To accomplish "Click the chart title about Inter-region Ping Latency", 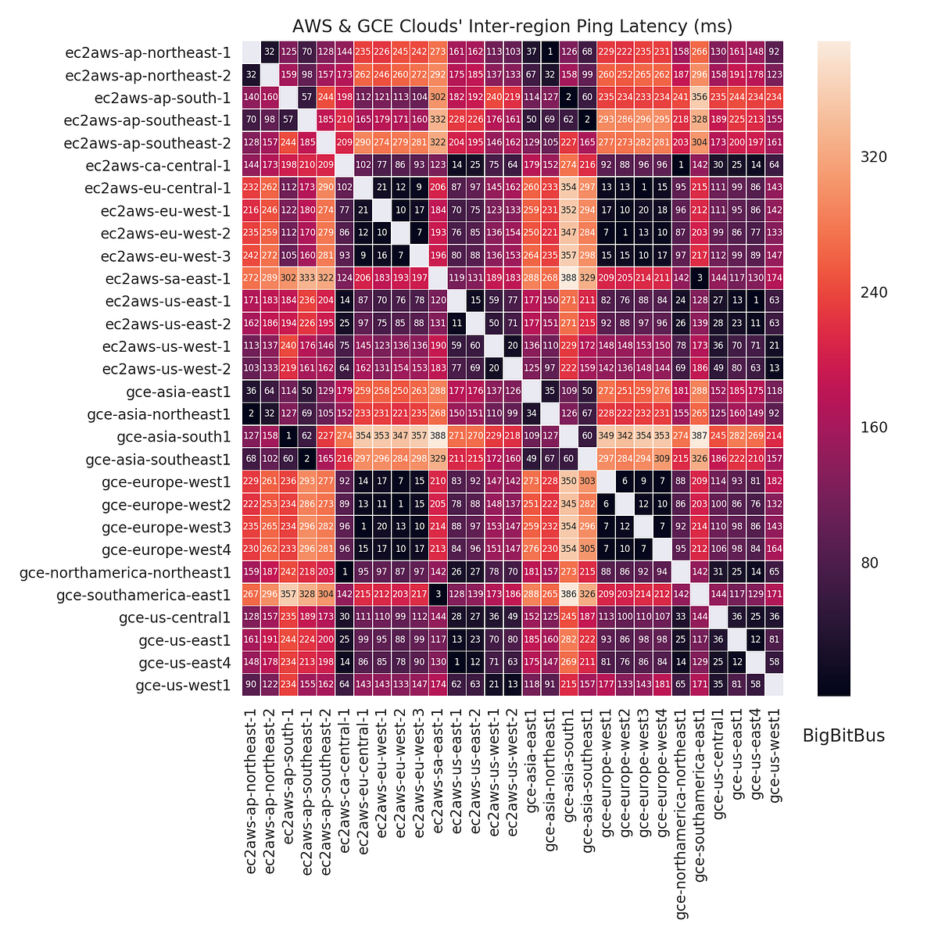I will [512, 26].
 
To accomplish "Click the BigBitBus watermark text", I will [843, 736].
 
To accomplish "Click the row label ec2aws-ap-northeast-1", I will [148, 52].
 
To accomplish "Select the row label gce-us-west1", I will [184, 686].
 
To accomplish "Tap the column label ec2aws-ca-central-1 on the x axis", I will [345, 789].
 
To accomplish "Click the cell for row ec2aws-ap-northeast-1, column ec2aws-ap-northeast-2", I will [270, 52].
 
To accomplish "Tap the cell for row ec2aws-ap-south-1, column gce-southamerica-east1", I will [699, 98].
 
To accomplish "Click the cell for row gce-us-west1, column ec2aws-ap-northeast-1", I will [251, 686].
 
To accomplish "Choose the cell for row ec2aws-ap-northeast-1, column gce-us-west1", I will [774, 52].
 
